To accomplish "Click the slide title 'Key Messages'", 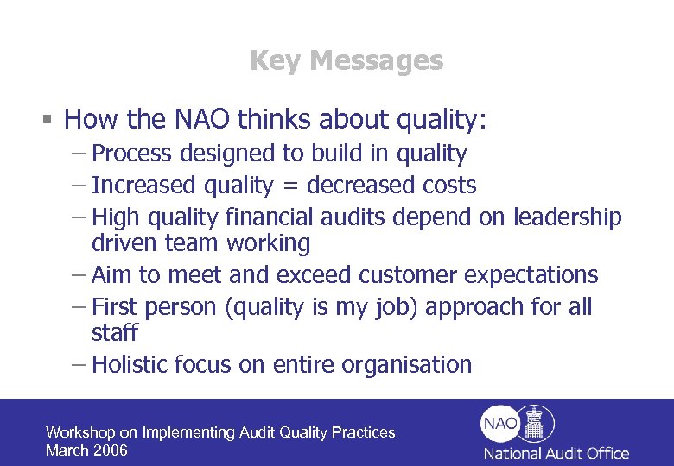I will (346, 60).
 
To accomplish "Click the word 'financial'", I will (269, 217).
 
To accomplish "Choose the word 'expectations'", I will (531, 275).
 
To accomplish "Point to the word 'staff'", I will (114, 333).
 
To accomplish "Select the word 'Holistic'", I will (129, 364).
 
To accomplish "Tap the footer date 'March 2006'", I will (86, 450).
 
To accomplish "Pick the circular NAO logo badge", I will (499, 423).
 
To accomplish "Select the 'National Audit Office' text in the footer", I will (556, 453).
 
